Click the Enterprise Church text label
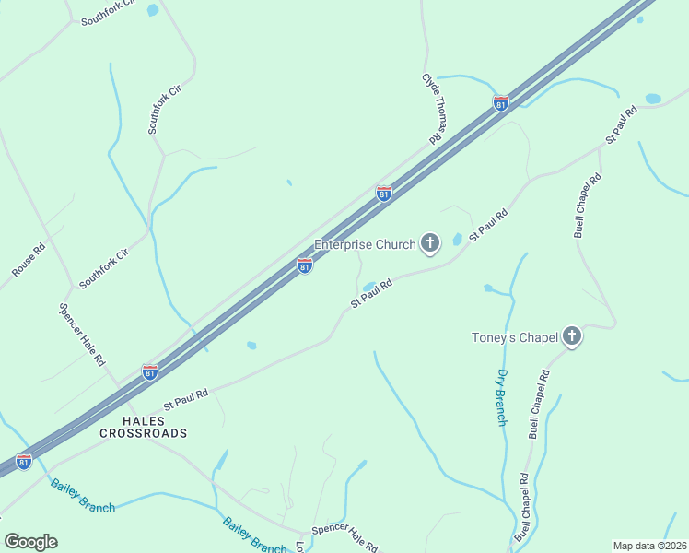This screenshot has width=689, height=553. click(x=366, y=244)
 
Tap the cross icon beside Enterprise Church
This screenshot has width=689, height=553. click(x=429, y=243)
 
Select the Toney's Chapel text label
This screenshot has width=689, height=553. click(x=514, y=337)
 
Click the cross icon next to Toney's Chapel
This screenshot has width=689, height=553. click(x=572, y=336)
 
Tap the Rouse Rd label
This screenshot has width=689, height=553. click(x=29, y=261)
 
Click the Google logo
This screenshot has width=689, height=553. click(x=30, y=542)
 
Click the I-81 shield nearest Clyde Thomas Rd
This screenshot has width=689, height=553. click(x=500, y=103)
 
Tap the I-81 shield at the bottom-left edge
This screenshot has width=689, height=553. click(x=24, y=461)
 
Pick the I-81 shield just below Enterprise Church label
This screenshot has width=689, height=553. click(x=305, y=265)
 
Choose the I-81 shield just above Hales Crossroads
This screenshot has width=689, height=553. click(x=149, y=372)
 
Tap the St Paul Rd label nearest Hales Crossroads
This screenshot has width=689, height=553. click(x=186, y=398)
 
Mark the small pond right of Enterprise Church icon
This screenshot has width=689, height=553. click(x=458, y=240)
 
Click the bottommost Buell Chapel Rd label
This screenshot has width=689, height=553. click(x=522, y=508)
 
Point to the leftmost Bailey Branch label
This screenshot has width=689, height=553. click(x=83, y=496)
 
